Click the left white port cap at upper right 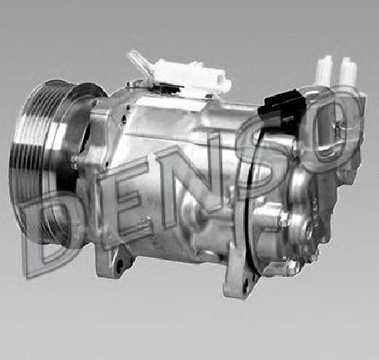point(324,70)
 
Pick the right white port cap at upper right point(348,71)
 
